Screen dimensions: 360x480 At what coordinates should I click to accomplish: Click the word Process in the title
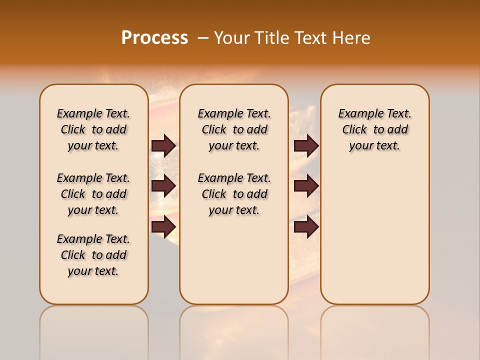pyautogui.click(x=154, y=37)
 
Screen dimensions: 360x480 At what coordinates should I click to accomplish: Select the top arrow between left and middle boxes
pyautogui.click(x=163, y=145)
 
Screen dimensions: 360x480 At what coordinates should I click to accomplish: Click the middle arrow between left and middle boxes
pyautogui.click(x=163, y=186)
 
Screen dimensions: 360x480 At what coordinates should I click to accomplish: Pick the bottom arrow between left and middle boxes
pyautogui.click(x=163, y=226)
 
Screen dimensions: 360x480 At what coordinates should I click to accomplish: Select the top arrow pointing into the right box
pyautogui.click(x=306, y=145)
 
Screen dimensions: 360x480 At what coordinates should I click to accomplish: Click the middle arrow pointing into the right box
pyautogui.click(x=306, y=186)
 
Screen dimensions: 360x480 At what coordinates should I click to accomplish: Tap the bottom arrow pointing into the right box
pyautogui.click(x=306, y=226)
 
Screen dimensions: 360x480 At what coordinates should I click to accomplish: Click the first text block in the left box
pyautogui.click(x=93, y=129)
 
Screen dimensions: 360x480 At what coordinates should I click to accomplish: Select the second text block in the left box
pyautogui.click(x=93, y=194)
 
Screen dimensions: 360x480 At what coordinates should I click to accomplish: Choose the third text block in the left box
pyautogui.click(x=93, y=255)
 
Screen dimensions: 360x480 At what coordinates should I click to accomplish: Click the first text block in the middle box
pyautogui.click(x=234, y=129)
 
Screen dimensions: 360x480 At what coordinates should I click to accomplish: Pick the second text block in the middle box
pyautogui.click(x=234, y=194)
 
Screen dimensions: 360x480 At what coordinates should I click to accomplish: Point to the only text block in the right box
pyautogui.click(x=374, y=129)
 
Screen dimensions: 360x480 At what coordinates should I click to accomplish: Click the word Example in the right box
pyautogui.click(x=357, y=114)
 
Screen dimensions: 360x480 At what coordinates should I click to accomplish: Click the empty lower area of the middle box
pyautogui.click(x=234, y=260)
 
